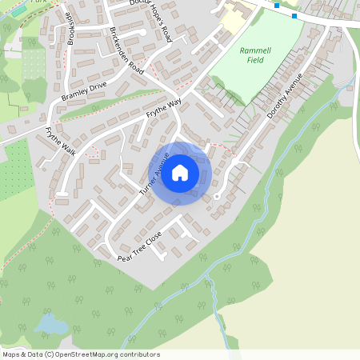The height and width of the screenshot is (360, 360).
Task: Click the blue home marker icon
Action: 180,172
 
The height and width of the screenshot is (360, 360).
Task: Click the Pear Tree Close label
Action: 139,247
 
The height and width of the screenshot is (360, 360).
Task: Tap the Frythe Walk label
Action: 60,142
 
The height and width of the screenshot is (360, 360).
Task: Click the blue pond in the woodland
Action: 50,324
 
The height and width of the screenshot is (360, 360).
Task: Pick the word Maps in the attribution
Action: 12,354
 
